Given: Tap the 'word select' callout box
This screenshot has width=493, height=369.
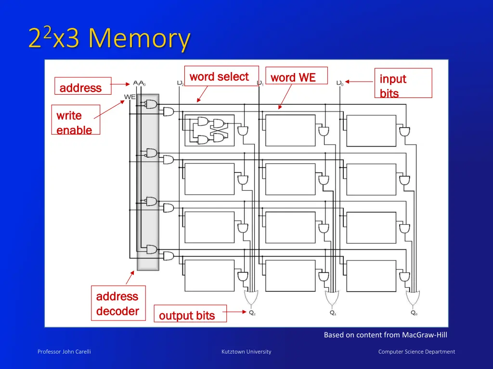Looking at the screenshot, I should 221,76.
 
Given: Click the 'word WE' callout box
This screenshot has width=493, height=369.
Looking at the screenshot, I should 296,76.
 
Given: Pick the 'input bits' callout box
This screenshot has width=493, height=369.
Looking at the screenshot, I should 402,83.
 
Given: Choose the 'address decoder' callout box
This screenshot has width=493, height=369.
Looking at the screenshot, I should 118,304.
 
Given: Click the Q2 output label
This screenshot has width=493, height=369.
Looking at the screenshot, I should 252,313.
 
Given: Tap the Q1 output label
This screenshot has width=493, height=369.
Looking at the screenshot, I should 333,313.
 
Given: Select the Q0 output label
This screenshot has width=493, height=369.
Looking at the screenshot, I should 414,313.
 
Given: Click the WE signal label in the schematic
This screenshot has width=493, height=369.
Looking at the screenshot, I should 130,97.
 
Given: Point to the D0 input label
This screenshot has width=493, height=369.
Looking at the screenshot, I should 340,83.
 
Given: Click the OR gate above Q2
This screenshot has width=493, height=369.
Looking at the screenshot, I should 251,298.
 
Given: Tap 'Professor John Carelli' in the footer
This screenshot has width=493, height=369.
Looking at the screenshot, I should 64,352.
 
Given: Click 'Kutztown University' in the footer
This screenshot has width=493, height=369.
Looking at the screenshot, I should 246,352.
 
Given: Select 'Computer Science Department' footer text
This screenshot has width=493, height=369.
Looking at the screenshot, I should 416,352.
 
